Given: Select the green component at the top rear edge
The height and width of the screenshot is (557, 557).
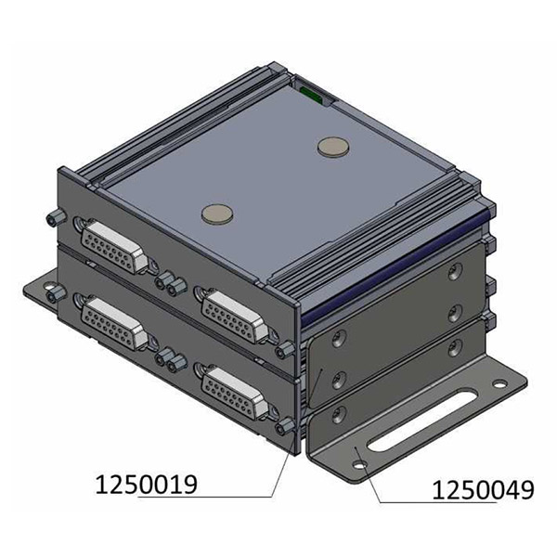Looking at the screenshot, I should point(310,92).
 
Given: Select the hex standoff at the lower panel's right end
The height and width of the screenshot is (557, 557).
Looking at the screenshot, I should point(285,426).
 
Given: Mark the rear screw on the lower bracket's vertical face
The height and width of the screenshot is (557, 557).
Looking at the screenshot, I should point(454,347).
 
